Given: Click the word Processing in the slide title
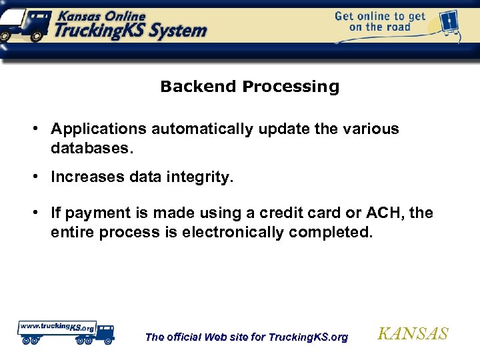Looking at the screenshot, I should pyautogui.click(x=291, y=87).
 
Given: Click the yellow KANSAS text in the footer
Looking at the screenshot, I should pyautogui.click(x=413, y=334).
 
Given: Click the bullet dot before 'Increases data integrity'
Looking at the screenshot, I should pyautogui.click(x=41, y=177).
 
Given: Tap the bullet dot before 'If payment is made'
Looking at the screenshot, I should pyautogui.click(x=41, y=213).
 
